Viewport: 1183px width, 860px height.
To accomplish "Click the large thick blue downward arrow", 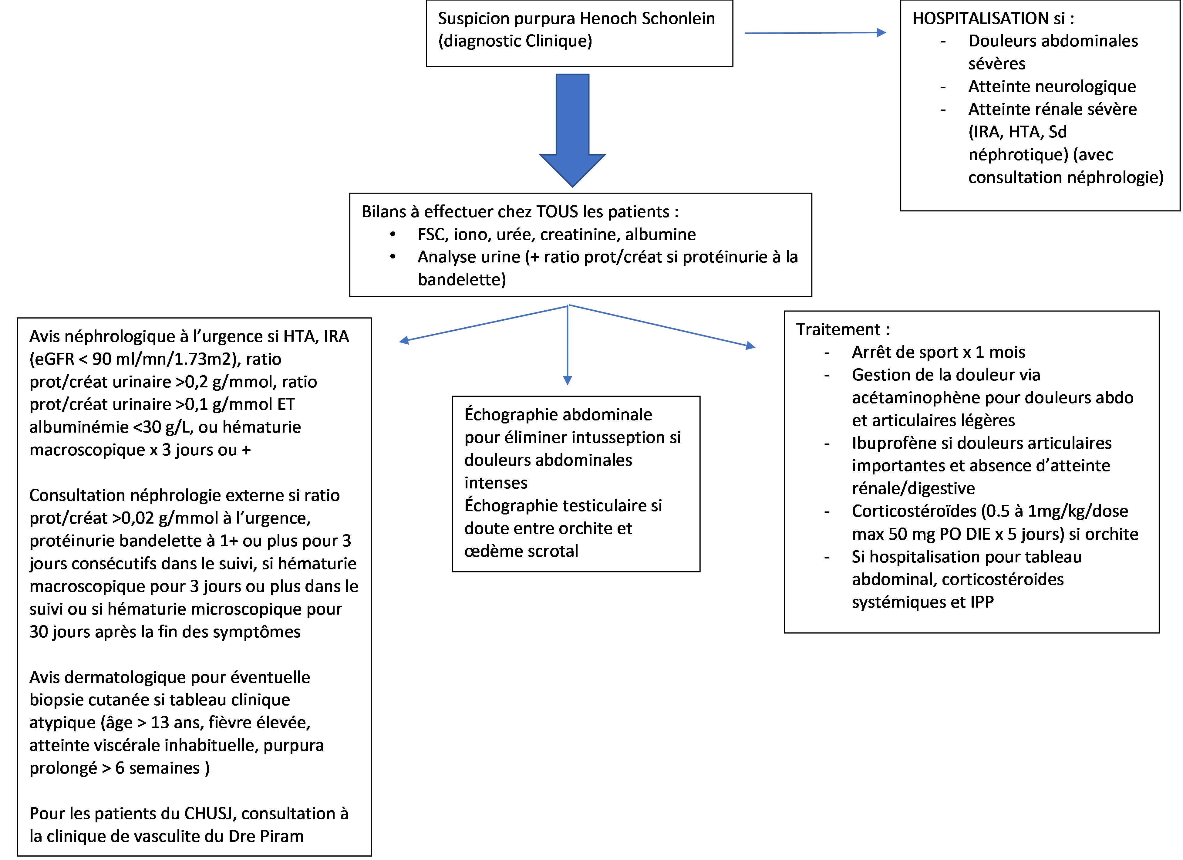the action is point(572,130).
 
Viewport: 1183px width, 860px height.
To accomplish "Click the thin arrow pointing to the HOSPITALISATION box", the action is point(815,33).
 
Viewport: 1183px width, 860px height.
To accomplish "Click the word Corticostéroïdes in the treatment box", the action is point(914,511).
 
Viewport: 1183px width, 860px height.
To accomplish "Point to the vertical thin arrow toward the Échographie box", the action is point(568,345).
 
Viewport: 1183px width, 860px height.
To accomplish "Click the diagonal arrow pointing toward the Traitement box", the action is point(661,326).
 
